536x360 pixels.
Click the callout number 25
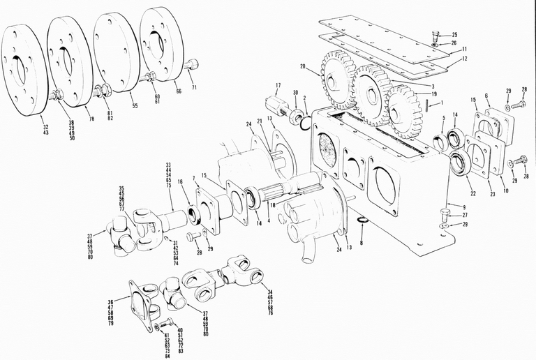[454, 34]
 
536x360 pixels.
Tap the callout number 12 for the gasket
[465, 60]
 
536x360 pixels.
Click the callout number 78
[89, 119]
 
